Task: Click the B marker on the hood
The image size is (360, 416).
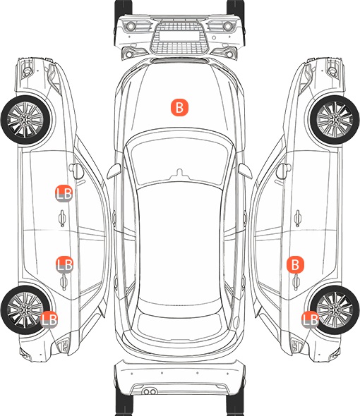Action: pyautogui.click(x=179, y=107)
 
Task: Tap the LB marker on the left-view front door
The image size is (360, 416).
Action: pyautogui.click(x=64, y=193)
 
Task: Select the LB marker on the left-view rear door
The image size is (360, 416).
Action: pyautogui.click(x=64, y=264)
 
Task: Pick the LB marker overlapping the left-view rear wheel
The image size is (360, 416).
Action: pyautogui.click(x=49, y=319)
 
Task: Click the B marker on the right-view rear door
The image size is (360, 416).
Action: pyautogui.click(x=295, y=264)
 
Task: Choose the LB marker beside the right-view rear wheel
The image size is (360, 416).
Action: pyautogui.click(x=310, y=319)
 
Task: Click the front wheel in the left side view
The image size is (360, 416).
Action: pyautogui.click(x=25, y=120)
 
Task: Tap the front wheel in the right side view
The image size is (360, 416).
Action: pyautogui.click(x=335, y=120)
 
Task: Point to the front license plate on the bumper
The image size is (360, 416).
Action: pyautogui.click(x=179, y=36)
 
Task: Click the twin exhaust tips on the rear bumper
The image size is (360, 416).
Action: pyautogui.click(x=150, y=391)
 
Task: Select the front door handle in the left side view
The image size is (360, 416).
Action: pyautogui.click(x=62, y=219)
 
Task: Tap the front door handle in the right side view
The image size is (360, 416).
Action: pyautogui.click(x=298, y=219)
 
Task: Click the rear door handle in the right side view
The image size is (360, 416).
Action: pyautogui.click(x=296, y=282)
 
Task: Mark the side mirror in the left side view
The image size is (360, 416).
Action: pyautogui.click(x=76, y=171)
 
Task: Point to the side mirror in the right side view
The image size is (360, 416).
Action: pyautogui.click(x=284, y=171)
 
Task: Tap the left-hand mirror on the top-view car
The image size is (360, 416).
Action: pyautogui.click(x=114, y=171)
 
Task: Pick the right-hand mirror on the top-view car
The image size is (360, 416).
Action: pyautogui.click(x=245, y=171)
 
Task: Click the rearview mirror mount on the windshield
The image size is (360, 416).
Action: pyautogui.click(x=180, y=173)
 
